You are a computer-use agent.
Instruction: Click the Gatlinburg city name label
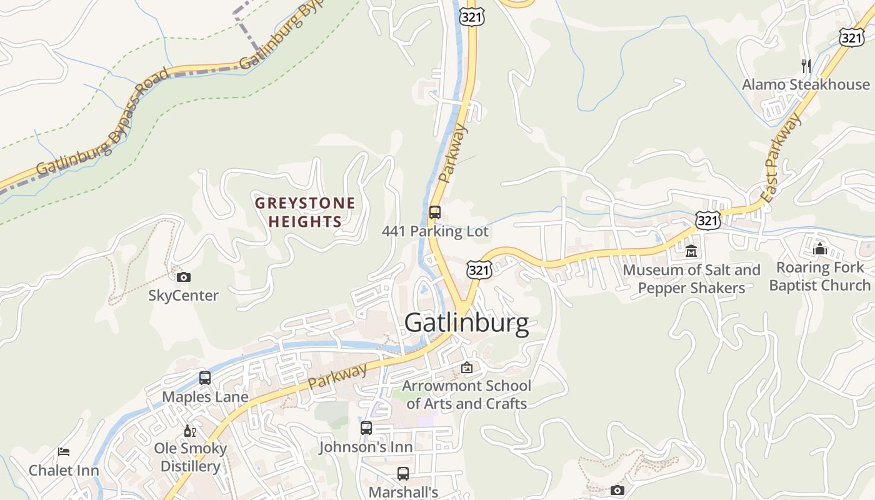tap(466, 323)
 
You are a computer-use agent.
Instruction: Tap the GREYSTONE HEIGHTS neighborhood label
tap(305, 212)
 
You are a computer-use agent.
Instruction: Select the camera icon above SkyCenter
tap(184, 277)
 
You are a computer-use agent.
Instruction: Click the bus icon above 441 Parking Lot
tap(435, 212)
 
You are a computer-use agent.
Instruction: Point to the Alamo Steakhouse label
tap(806, 84)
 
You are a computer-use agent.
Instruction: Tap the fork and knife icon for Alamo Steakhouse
tap(806, 66)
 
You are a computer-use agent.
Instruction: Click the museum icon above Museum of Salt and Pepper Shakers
tap(691, 251)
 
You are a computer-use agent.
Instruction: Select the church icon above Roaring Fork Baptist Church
tap(820, 249)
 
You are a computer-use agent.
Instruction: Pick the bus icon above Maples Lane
tap(205, 378)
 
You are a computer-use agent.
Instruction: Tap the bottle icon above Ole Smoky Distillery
tap(190, 431)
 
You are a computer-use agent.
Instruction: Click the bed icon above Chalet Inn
tap(64, 452)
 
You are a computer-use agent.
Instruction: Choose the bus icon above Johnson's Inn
tap(366, 428)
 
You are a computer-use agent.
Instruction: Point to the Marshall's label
tap(403, 492)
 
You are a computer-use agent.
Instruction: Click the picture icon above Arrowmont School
tap(467, 367)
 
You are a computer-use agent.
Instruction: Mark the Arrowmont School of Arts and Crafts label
tap(466, 394)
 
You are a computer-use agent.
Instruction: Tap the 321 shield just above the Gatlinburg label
tap(479, 270)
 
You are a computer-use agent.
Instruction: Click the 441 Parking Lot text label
tap(435, 231)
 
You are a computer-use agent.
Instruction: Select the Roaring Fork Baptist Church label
tap(820, 276)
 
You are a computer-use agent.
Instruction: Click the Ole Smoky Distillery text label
tap(190, 457)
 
